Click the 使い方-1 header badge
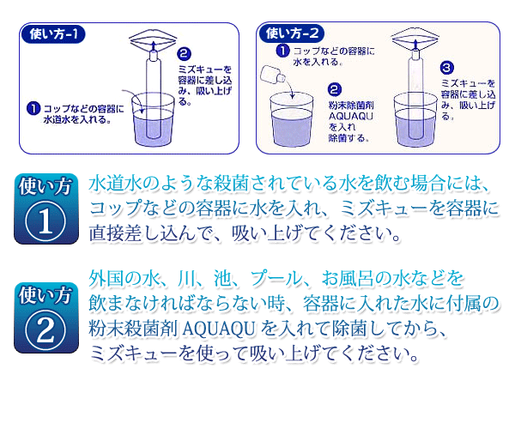(53, 34)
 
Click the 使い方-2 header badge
(292, 33)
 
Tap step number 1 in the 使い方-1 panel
(33, 109)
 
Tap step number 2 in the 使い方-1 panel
(184, 54)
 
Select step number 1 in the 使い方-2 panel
(282, 51)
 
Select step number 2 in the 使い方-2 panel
(335, 89)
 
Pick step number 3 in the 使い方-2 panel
(446, 68)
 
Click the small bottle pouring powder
(273, 75)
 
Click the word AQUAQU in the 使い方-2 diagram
(351, 116)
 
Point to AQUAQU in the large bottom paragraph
(218, 329)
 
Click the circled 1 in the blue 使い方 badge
(45, 222)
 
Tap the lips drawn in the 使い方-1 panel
(153, 39)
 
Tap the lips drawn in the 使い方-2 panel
(415, 39)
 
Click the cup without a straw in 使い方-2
(291, 119)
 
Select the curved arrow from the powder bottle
(288, 87)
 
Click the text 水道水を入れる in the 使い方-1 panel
(77, 119)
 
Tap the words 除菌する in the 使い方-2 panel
(348, 138)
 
